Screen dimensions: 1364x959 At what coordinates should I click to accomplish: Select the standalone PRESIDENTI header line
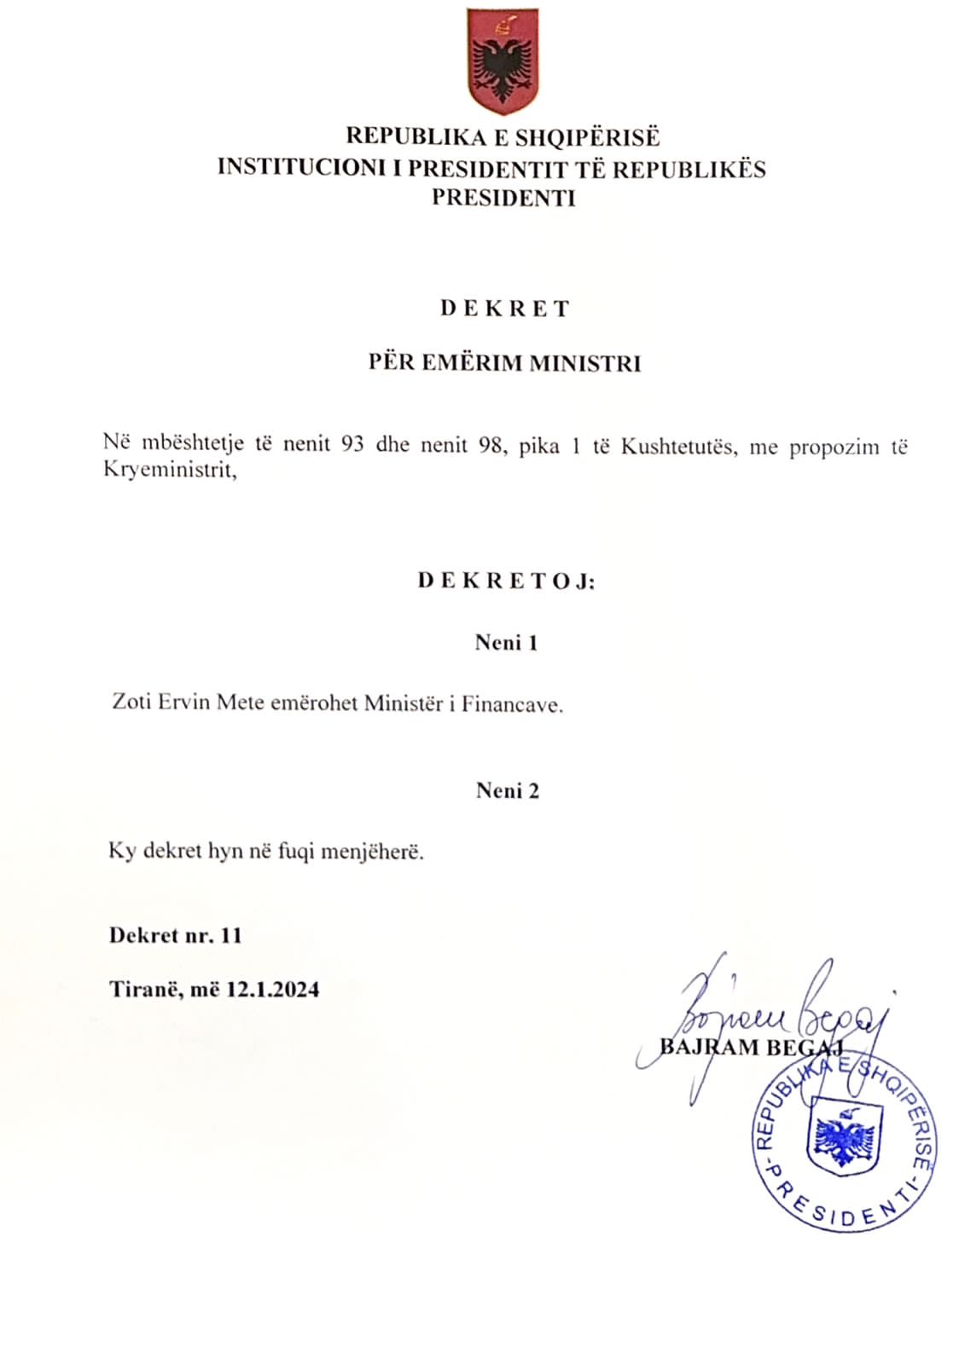(x=503, y=198)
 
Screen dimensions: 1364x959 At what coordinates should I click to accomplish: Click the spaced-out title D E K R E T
(x=504, y=309)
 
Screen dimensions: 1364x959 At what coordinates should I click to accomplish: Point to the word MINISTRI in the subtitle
(x=584, y=363)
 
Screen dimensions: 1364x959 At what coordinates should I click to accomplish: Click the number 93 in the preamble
(x=352, y=445)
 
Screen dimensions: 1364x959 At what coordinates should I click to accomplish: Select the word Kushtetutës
(x=677, y=447)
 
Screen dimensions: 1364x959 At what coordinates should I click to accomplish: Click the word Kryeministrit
(x=169, y=470)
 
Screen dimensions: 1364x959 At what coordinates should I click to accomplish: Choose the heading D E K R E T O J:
(x=506, y=581)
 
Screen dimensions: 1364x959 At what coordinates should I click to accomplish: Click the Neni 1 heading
(x=506, y=643)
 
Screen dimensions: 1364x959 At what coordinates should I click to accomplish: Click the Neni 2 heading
(x=508, y=791)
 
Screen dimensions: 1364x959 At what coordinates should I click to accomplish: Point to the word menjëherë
(x=379, y=852)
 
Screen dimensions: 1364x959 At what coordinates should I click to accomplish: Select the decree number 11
(x=231, y=935)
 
